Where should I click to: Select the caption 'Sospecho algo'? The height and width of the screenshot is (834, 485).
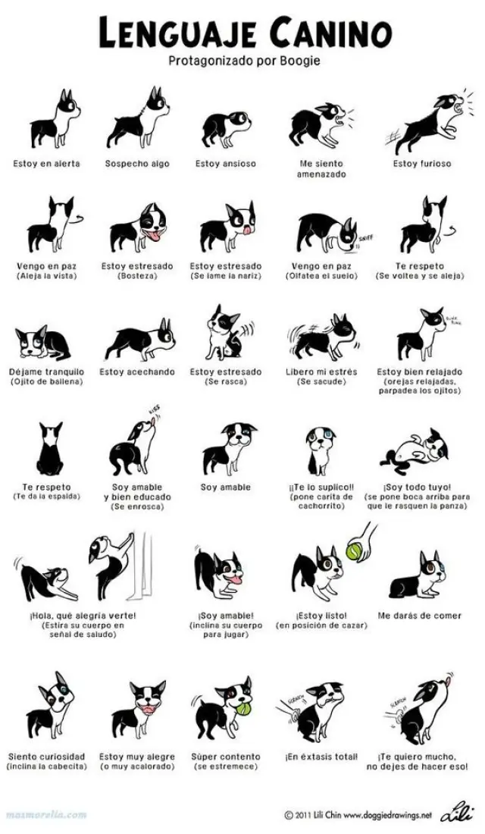coord(137,164)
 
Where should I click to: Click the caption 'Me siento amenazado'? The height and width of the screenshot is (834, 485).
coord(321,168)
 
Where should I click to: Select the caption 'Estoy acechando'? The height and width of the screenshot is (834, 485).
coord(137,372)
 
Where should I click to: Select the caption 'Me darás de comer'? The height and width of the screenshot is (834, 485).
coord(419,616)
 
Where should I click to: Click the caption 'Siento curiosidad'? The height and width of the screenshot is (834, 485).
coord(47,756)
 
